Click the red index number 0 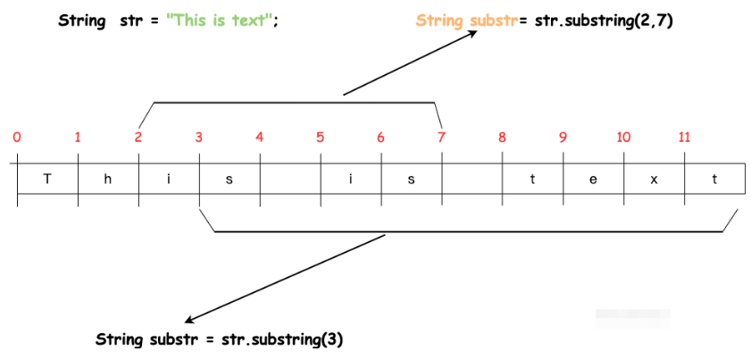[17, 138]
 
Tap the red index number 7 [441, 138]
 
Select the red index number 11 [684, 138]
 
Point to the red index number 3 [198, 138]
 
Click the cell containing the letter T [47, 179]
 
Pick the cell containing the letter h [108, 179]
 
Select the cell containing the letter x [655, 179]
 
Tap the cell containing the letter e [593, 179]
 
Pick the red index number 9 [563, 138]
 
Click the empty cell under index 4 [289, 179]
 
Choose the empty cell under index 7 [471, 179]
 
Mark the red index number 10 [623, 138]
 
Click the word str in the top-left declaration [129, 21]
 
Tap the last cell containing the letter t [714, 179]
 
